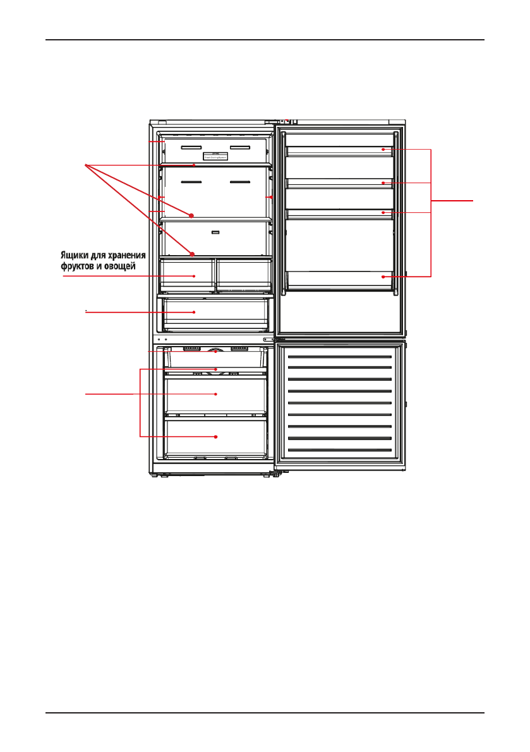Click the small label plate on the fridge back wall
(215, 155)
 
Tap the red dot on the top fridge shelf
(194, 165)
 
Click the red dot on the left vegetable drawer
(194, 277)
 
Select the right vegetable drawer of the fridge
(243, 273)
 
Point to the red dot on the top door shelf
(383, 150)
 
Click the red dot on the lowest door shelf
(383, 277)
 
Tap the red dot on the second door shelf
(383, 182)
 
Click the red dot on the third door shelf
(383, 213)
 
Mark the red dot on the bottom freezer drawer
(216, 437)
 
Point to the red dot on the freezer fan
(216, 351)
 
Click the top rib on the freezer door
(340, 356)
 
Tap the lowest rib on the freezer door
(340, 450)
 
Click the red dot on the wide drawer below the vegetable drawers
(194, 312)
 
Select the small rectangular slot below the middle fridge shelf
(215, 232)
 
